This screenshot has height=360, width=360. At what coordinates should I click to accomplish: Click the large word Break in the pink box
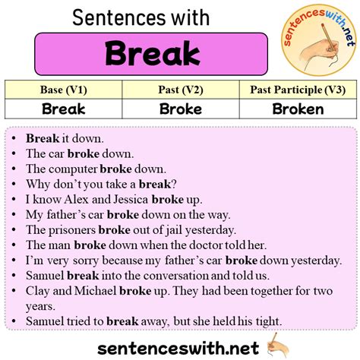(x=153, y=53)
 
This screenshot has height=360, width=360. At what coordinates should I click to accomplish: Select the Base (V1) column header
(x=63, y=90)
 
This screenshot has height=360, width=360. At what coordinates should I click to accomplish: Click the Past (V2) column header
(x=180, y=90)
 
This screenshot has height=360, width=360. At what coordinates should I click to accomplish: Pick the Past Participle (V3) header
(x=297, y=90)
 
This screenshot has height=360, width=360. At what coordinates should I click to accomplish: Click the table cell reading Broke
(x=180, y=109)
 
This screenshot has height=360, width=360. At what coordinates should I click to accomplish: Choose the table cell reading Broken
(x=297, y=109)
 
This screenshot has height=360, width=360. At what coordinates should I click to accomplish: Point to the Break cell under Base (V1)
(x=63, y=109)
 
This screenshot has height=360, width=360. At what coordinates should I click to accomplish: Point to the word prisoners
(x=72, y=230)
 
